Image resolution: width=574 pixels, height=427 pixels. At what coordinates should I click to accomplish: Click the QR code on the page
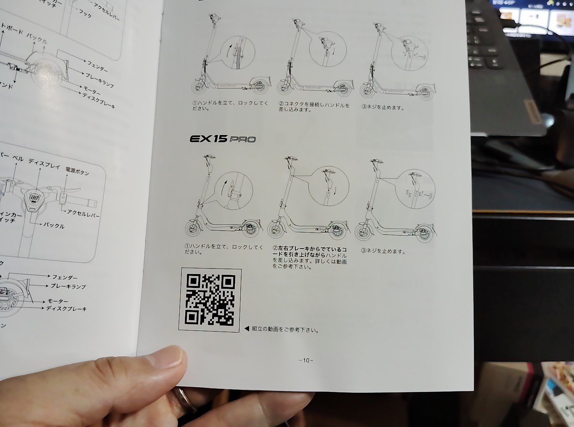pos(210,300)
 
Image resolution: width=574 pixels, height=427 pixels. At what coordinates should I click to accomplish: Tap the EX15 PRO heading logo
pos(222,139)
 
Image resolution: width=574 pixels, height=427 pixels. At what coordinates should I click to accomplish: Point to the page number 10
pos(306,360)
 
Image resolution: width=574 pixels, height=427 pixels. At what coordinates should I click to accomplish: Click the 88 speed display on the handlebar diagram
pos(35,198)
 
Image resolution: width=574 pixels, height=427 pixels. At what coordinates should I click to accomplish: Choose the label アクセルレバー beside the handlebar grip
pos(83,213)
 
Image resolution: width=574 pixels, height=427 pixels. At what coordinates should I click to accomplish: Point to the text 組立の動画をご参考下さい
pos(285,329)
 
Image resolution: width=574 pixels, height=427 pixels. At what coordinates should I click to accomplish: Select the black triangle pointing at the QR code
pos(246,329)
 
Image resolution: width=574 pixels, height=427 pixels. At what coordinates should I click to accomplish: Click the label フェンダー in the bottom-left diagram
pos(65,277)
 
